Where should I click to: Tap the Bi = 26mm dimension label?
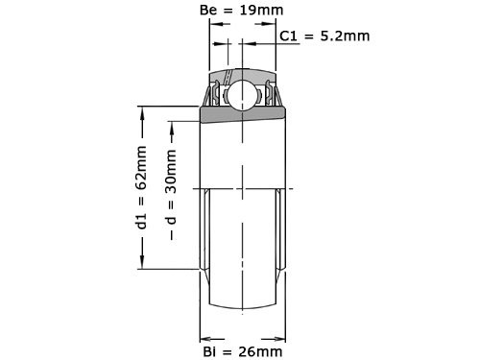pos(243,350)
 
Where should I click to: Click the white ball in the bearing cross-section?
pos(243,95)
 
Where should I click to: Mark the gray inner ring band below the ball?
pos(243,116)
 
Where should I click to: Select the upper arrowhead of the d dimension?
pos(172,126)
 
